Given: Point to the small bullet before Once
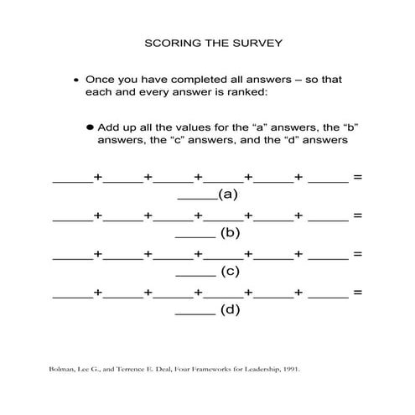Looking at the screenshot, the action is point(76,80).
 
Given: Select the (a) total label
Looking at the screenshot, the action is point(228,195).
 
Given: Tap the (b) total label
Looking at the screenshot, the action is point(231,233).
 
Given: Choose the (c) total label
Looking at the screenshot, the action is point(231,272).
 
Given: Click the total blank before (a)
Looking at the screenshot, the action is point(197,198).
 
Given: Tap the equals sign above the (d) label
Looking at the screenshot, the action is point(357,293).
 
